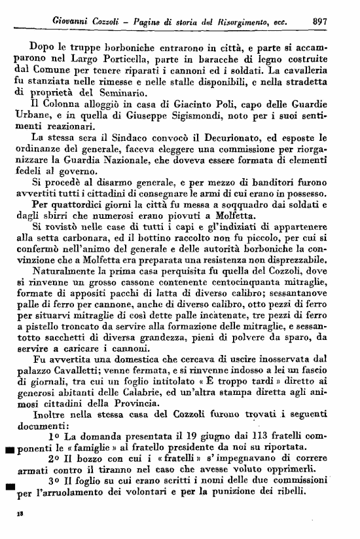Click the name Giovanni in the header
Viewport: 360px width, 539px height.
point(73,20)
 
